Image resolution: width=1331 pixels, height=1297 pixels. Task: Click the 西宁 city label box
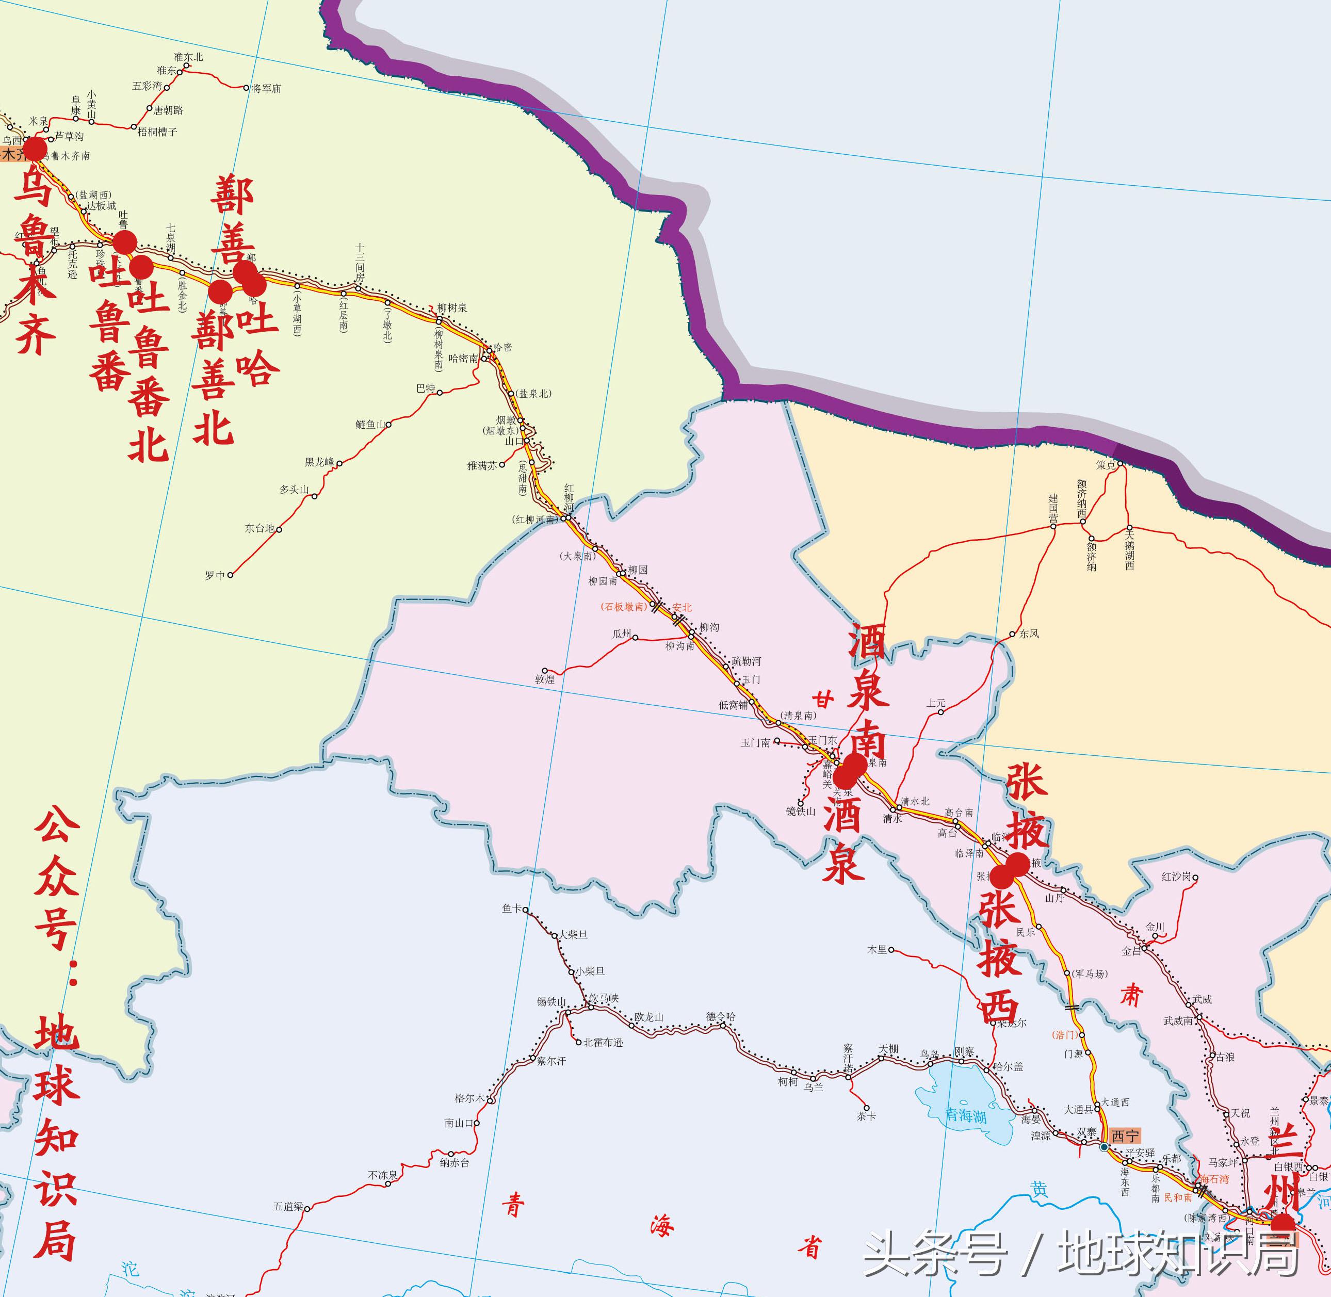click(x=1124, y=1136)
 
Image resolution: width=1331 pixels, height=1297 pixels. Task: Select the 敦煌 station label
click(x=544, y=678)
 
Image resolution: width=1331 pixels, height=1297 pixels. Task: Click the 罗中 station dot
click(x=230, y=575)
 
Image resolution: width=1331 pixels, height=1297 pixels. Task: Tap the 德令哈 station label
click(x=721, y=1017)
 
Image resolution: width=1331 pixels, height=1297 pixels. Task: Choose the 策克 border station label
click(x=1106, y=465)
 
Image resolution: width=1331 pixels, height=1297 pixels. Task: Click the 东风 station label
click(x=1029, y=634)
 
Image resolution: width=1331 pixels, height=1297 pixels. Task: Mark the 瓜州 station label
click(x=622, y=634)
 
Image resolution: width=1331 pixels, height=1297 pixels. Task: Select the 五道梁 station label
click(x=287, y=1206)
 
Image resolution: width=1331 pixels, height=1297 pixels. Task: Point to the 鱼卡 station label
click(x=512, y=908)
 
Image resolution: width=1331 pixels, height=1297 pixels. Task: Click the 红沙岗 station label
click(x=1176, y=877)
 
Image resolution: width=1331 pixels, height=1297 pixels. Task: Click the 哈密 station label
click(x=502, y=347)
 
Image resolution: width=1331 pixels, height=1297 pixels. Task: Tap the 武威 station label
click(x=1202, y=999)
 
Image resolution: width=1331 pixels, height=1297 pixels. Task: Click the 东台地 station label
click(x=259, y=528)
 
